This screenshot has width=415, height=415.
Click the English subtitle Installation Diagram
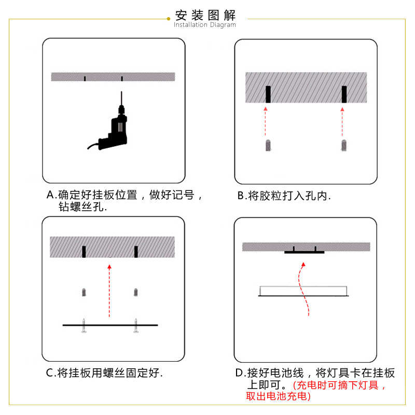point(205,25)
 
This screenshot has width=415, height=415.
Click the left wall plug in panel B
point(268,145)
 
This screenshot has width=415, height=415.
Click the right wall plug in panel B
point(343,145)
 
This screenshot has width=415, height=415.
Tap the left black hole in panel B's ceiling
point(268,94)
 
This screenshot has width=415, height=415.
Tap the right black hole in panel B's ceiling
point(343,94)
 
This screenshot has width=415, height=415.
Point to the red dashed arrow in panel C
point(109,290)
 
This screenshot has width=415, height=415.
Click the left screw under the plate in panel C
point(84,327)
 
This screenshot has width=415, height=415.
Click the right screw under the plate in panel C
point(136,327)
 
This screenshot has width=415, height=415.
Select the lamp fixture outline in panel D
point(303,290)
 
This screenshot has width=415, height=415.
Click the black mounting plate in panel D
point(304,252)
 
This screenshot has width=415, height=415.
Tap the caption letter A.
point(50,196)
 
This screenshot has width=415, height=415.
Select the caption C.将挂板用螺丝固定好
point(104,373)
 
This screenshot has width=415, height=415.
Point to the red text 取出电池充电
point(278,396)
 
